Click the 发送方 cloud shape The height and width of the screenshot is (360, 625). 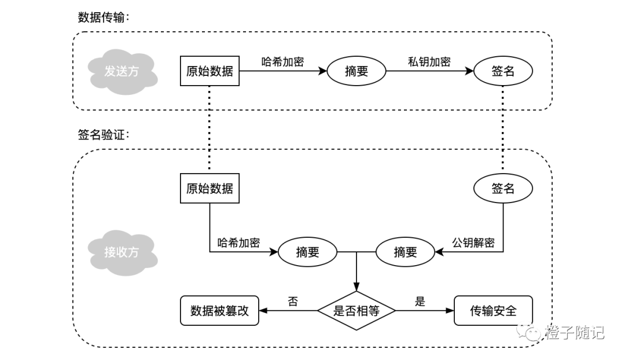pyautogui.click(x=122, y=71)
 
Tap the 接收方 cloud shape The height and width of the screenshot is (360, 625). pyautogui.click(x=122, y=252)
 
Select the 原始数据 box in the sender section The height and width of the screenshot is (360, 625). pyautogui.click(x=209, y=71)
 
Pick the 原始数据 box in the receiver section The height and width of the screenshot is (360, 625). pyautogui.click(x=209, y=188)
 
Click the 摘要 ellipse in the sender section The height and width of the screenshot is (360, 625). pyautogui.click(x=356, y=71)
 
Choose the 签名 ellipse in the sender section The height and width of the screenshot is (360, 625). pyautogui.click(x=502, y=71)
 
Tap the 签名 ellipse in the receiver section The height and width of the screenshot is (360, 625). pyautogui.click(x=502, y=188)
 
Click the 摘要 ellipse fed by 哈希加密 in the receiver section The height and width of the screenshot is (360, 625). pyautogui.click(x=307, y=252)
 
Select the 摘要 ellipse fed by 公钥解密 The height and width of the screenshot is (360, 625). pyautogui.click(x=405, y=252)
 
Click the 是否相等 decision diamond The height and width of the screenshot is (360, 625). pyautogui.click(x=356, y=311)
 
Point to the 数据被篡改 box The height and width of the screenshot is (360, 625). pyautogui.click(x=219, y=311)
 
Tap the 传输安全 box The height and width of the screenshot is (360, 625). pyautogui.click(x=493, y=311)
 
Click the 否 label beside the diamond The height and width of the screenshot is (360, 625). pyautogui.click(x=293, y=301)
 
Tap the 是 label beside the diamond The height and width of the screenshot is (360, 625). pyautogui.click(x=420, y=301)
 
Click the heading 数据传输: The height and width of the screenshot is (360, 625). pyautogui.click(x=104, y=17)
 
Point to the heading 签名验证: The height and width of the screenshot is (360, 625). pyautogui.click(x=104, y=135)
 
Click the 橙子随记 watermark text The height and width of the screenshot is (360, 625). pyautogui.click(x=574, y=333)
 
